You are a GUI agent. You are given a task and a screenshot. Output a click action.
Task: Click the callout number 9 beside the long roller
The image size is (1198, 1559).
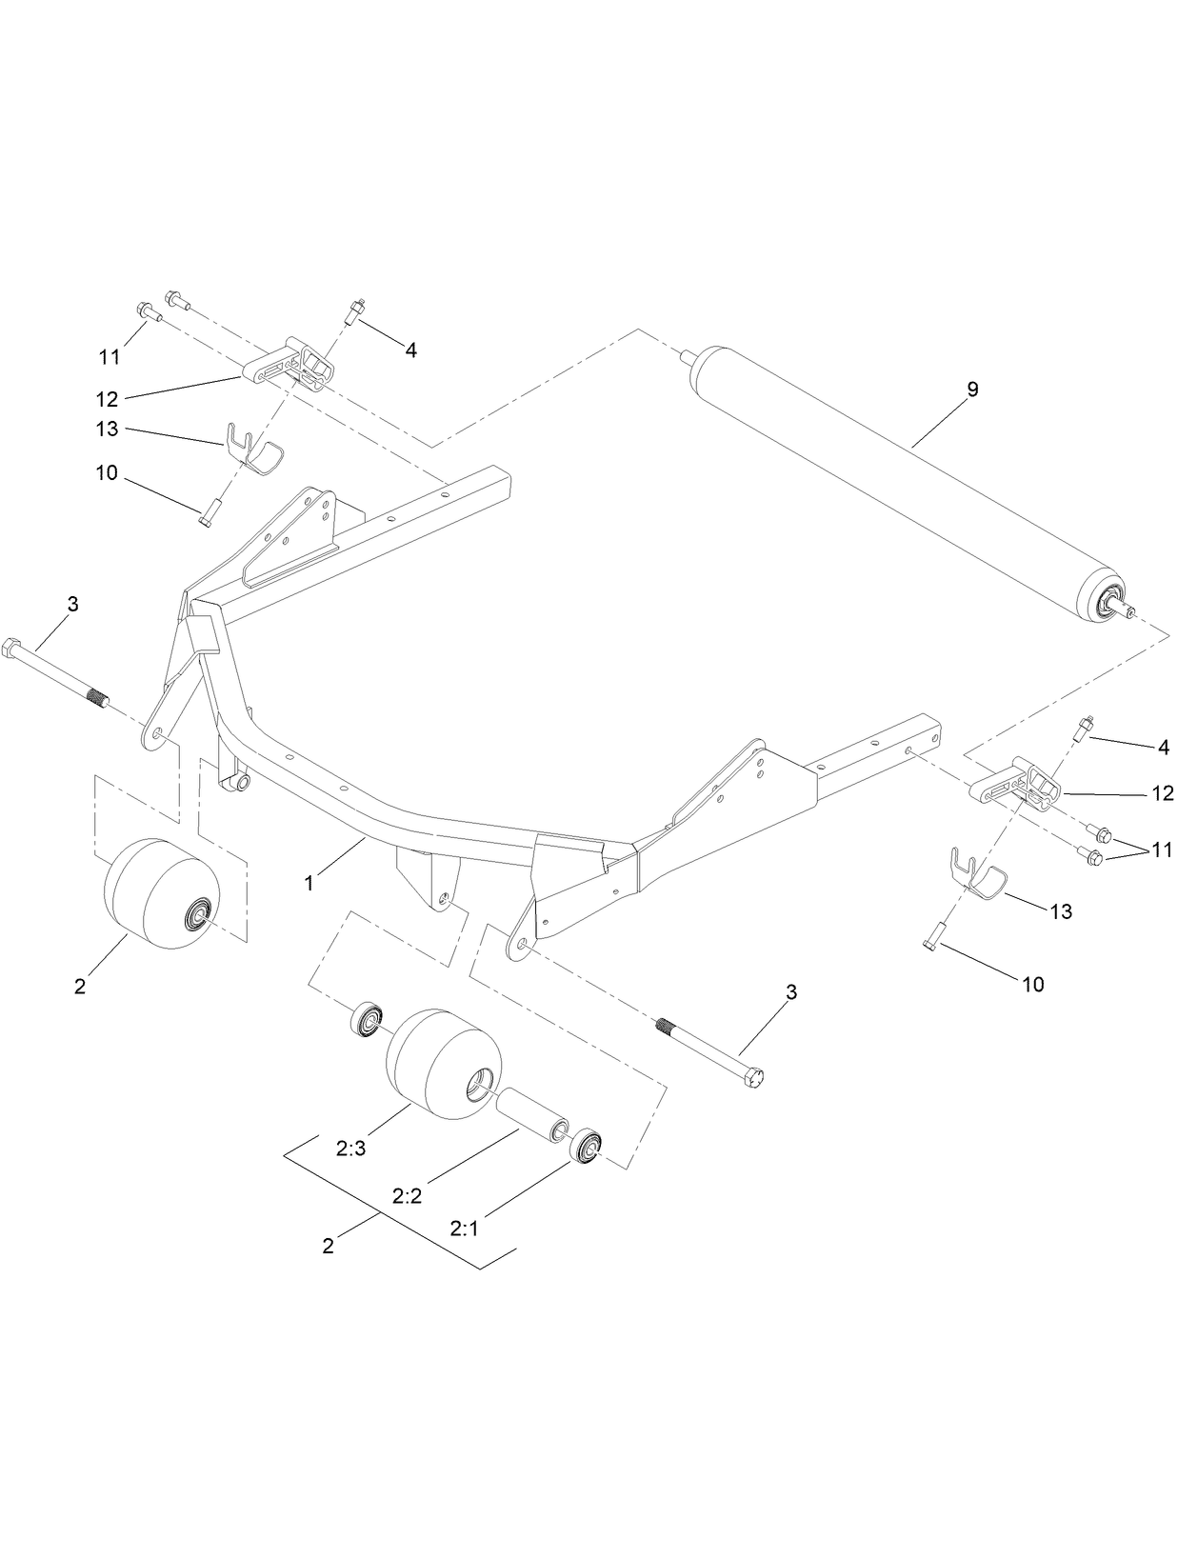[972, 390]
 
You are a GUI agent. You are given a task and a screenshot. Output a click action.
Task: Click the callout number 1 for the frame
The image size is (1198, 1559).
[309, 883]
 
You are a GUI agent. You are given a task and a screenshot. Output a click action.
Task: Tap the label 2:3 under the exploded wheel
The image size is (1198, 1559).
[350, 1149]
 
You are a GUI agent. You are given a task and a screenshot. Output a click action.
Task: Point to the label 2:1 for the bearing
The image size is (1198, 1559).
[464, 1229]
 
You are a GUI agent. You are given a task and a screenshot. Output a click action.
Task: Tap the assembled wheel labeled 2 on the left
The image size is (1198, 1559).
[160, 892]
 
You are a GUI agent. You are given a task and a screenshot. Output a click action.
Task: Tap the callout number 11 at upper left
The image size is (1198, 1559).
[110, 357]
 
